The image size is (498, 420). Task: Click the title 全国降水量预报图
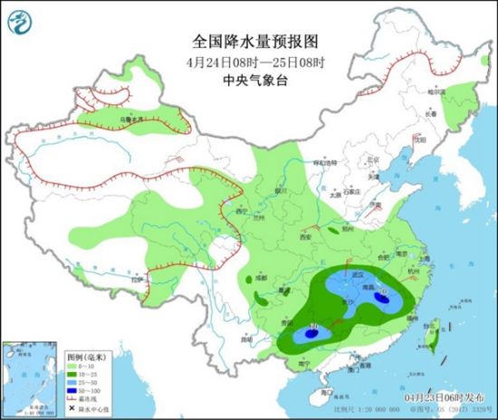[250, 42]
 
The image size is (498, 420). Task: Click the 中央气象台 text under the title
[250, 80]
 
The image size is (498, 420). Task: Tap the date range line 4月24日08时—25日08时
[250, 62]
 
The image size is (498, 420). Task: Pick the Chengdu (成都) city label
[262, 278]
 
